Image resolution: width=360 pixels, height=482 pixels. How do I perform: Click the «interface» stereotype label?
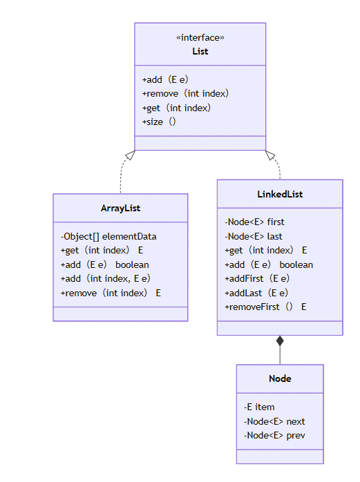tap(200, 38)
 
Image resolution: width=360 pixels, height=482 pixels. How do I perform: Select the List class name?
tap(200, 51)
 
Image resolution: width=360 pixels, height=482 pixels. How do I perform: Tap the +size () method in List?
tap(160, 122)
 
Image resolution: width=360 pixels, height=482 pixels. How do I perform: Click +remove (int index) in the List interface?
tap(185, 93)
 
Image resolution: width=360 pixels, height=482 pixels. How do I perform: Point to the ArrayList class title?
tap(120, 208)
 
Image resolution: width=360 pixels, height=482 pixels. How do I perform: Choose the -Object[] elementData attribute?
tap(108, 236)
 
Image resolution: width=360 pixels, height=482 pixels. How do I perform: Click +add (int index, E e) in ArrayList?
tap(106, 278)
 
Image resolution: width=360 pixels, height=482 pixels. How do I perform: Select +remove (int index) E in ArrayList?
tap(111, 293)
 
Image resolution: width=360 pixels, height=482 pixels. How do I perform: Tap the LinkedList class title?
tap(280, 194)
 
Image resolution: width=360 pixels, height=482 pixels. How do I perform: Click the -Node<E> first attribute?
tap(254, 222)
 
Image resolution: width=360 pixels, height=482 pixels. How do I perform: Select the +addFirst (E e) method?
tap(257, 278)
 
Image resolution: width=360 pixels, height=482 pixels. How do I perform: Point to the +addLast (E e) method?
tap(256, 293)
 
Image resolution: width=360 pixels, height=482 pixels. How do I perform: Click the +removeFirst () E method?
tap(265, 307)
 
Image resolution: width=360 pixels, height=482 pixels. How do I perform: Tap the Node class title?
tap(280, 378)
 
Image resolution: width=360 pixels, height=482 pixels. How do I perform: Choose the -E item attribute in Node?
tap(259, 407)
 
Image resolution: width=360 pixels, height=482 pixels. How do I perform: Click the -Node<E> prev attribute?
tap(274, 435)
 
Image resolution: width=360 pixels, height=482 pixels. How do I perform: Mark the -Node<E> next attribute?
tap(274, 421)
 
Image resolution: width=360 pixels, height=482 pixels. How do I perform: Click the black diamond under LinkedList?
tap(280, 340)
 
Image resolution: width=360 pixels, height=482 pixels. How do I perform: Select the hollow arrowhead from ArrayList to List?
tap(130, 155)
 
